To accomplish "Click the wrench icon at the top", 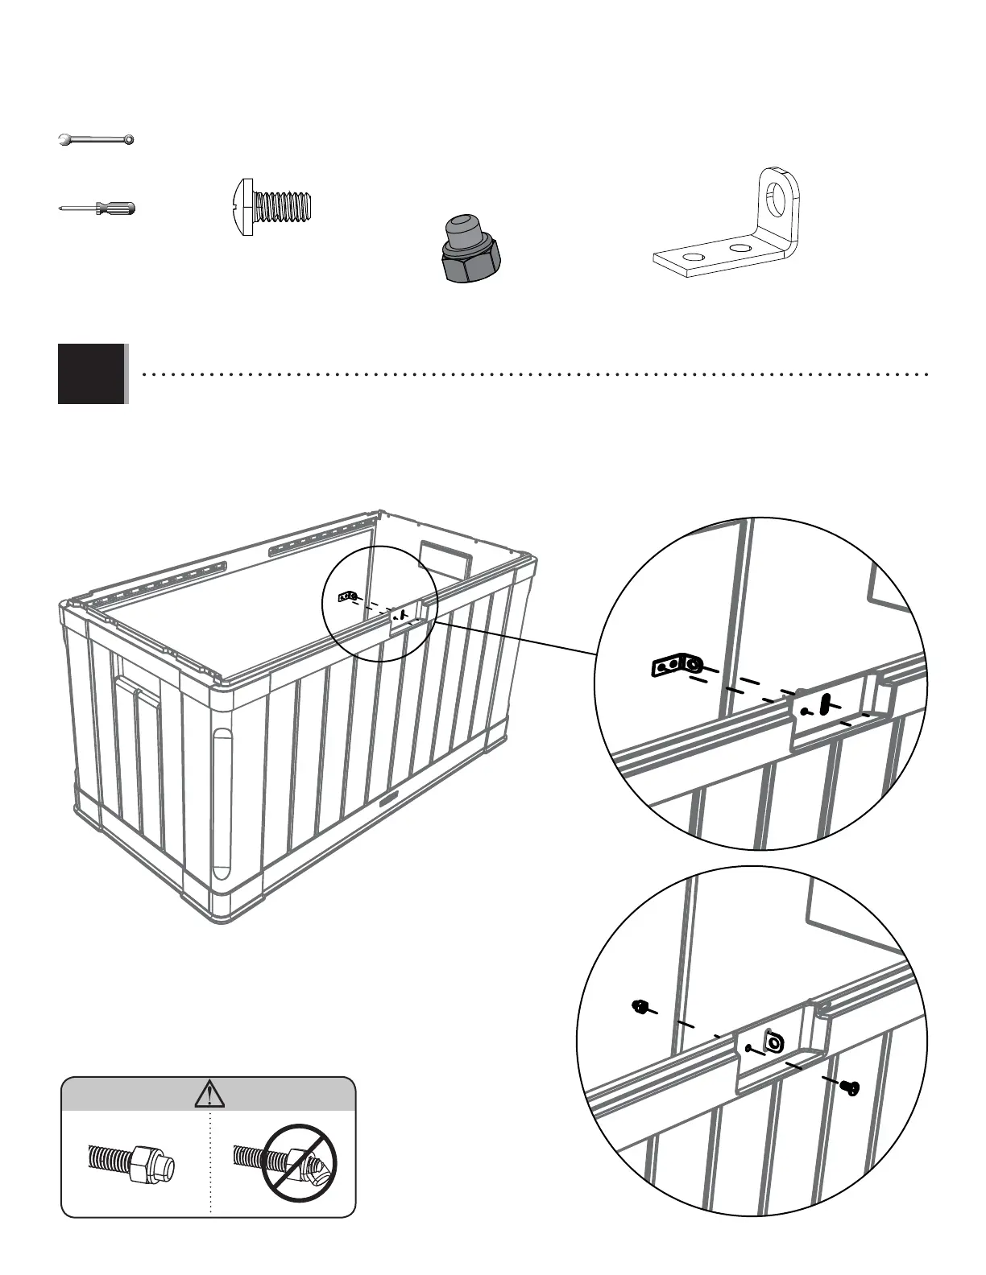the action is tap(97, 141).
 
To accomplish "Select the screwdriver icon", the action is tap(97, 208).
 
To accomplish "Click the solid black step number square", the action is tap(92, 373).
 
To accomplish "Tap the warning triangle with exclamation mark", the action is tap(209, 1094).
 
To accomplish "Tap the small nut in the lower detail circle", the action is tap(638, 1005).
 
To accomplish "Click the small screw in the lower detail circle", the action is tap(848, 1087).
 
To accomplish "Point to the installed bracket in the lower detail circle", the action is tap(772, 1042).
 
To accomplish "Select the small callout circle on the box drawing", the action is tap(379, 604).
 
